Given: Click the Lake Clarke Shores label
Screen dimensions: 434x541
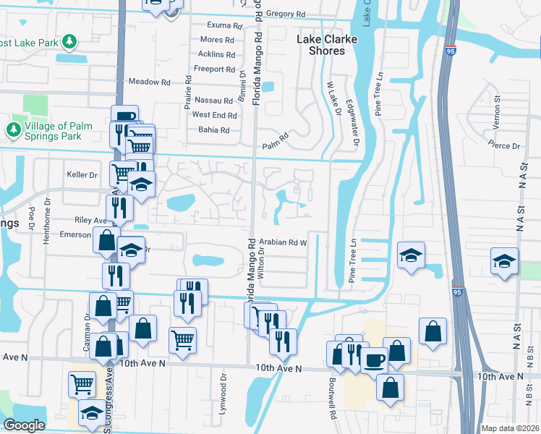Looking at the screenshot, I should tap(328, 46).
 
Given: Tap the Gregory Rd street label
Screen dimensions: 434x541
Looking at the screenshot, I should tap(286, 14).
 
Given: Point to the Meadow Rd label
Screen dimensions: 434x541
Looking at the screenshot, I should tap(149, 82).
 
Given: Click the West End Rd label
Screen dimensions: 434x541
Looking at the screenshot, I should tap(215, 115).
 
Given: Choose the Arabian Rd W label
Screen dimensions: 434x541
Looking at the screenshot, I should tap(284, 242).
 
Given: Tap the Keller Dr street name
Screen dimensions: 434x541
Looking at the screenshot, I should tap(82, 175).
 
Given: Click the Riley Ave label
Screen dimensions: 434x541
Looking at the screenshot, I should tap(90, 220).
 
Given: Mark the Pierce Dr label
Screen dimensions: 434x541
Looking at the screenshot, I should tap(506, 146).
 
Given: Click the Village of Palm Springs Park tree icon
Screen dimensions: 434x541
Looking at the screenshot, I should tap(13, 129).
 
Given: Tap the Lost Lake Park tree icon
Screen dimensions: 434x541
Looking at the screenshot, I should tap(70, 42).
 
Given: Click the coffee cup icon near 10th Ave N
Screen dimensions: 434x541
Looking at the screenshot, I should tap(374, 359).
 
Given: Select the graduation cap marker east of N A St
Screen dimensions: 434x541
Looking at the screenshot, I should tap(504, 259).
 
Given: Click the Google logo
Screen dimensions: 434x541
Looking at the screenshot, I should tap(25, 425).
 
